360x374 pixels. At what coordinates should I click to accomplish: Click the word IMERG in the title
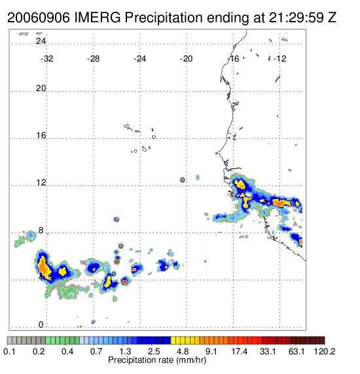click(98, 18)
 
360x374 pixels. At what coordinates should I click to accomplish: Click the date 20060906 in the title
click(39, 18)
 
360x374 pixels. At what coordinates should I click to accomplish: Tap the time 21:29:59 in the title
click(297, 18)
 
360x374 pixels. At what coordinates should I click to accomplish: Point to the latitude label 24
click(41, 41)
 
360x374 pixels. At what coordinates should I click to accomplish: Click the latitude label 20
click(41, 88)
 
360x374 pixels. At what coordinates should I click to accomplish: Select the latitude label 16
click(41, 136)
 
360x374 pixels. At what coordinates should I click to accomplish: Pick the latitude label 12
click(41, 183)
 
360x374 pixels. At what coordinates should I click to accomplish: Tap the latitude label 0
click(41, 325)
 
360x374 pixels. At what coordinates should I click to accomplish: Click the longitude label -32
click(46, 59)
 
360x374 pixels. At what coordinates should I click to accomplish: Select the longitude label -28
click(93, 59)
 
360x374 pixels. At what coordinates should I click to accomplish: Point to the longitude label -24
click(139, 59)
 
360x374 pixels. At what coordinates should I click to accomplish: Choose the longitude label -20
click(186, 59)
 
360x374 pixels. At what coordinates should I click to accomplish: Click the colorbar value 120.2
click(325, 351)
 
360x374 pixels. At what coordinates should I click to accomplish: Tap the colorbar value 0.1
click(10, 351)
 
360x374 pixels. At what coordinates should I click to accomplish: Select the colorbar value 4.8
click(183, 351)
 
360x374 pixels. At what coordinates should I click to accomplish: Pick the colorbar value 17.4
click(240, 351)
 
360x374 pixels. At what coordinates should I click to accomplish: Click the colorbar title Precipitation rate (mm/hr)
click(157, 360)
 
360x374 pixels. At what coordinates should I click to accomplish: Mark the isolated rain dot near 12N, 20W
click(183, 179)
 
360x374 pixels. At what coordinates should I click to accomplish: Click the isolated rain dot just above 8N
click(117, 219)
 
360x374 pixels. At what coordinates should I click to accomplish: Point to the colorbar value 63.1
click(297, 351)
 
